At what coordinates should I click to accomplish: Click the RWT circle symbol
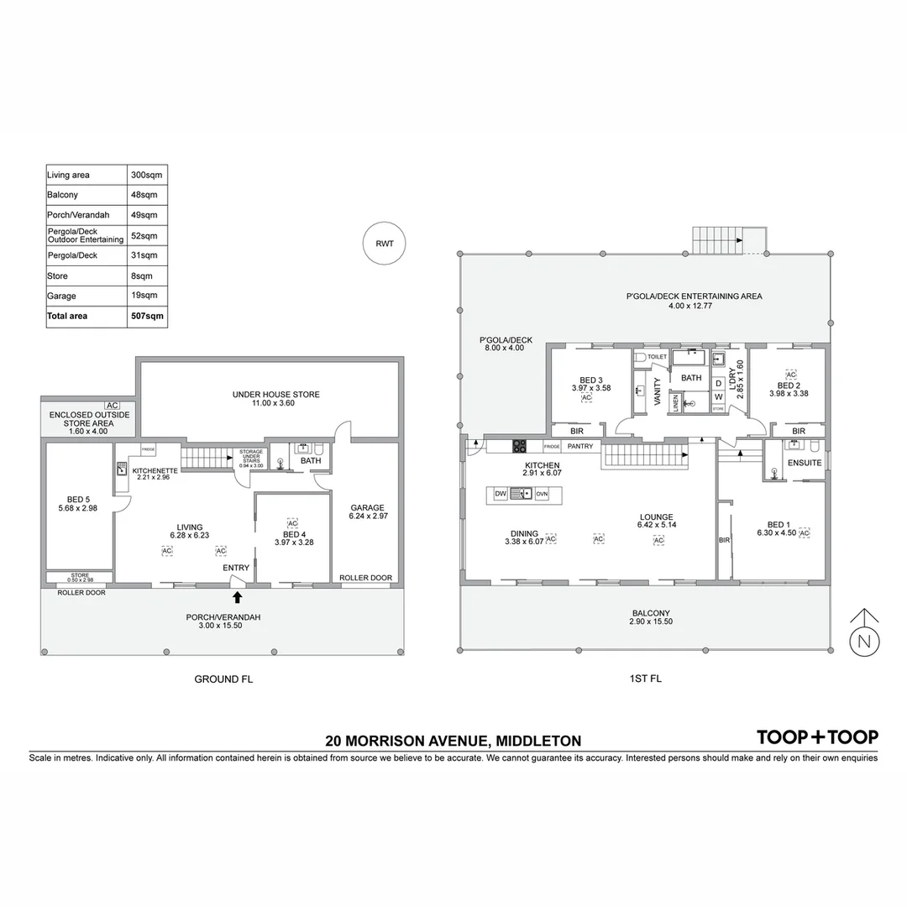pyautogui.click(x=385, y=244)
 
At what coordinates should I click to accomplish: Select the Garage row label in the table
pyautogui.click(x=61, y=296)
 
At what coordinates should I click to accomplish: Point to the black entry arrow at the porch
pyautogui.click(x=237, y=597)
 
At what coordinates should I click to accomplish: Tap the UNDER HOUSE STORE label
pyautogui.click(x=275, y=395)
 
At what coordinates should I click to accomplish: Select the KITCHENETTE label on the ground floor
pyautogui.click(x=155, y=471)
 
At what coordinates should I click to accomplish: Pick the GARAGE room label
pyautogui.click(x=368, y=507)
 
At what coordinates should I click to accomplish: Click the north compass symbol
pyautogui.click(x=864, y=642)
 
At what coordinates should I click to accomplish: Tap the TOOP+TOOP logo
pyautogui.click(x=817, y=737)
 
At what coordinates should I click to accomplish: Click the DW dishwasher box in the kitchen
pyautogui.click(x=499, y=494)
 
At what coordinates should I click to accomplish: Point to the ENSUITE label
pyautogui.click(x=804, y=463)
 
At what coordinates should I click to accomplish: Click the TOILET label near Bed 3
pyautogui.click(x=657, y=357)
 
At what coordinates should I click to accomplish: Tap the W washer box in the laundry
pyautogui.click(x=719, y=396)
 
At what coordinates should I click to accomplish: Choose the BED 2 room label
pyautogui.click(x=789, y=385)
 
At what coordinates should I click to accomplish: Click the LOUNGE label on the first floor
pyautogui.click(x=655, y=517)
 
